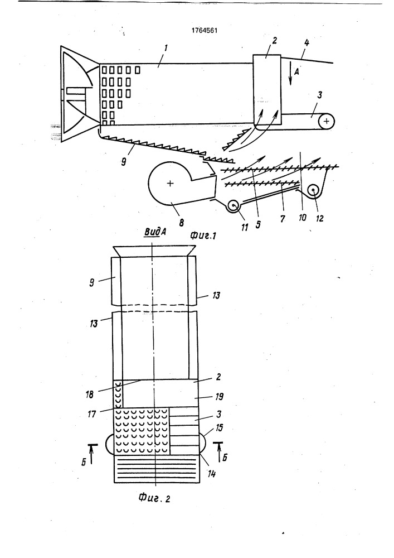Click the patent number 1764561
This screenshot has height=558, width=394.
[205, 31]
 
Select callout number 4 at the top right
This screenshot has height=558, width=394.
[307, 43]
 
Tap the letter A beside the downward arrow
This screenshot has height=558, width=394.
[297, 71]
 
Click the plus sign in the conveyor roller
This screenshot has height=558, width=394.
[327, 121]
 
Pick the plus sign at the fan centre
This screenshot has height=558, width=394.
[170, 183]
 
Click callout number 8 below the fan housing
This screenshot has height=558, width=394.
[182, 223]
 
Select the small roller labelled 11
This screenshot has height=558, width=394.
[234, 206]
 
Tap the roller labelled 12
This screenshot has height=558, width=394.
[313, 190]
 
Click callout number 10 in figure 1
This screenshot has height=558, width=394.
[303, 217]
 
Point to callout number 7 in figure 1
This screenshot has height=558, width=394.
[283, 219]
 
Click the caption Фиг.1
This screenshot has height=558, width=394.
[203, 235]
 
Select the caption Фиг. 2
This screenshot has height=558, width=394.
[154, 498]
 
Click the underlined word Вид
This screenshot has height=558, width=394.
[150, 232]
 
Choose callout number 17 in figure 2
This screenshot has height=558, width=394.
[91, 414]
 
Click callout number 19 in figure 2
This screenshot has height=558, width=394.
[218, 396]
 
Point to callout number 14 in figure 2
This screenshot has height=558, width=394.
[211, 474]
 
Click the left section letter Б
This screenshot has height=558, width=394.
[84, 463]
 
